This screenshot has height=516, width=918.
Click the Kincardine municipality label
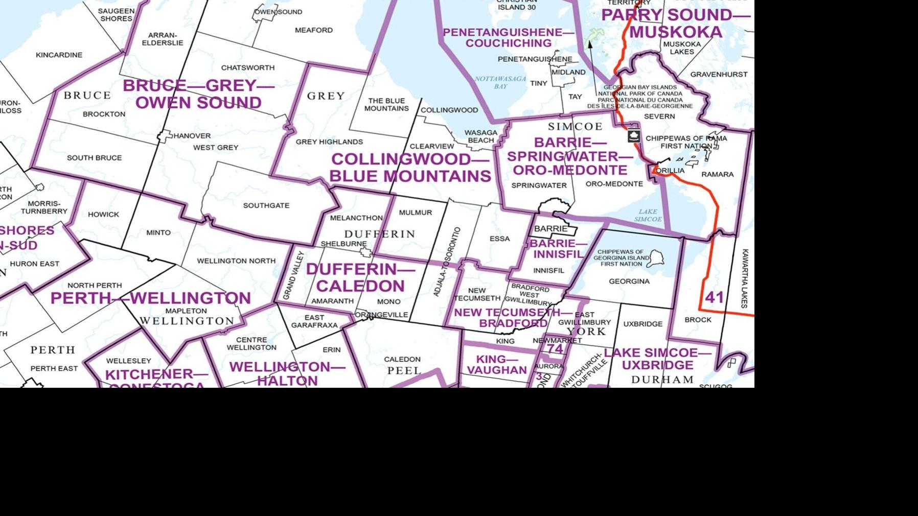pyautogui.click(x=59, y=55)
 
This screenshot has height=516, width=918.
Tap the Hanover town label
pyautogui.click(x=192, y=136)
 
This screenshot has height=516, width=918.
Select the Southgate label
pyautogui.click(x=266, y=205)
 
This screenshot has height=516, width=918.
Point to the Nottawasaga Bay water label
pyautogui.click(x=500, y=82)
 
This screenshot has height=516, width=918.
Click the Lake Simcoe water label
pyautogui.click(x=648, y=215)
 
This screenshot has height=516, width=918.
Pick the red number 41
pyautogui.click(x=714, y=297)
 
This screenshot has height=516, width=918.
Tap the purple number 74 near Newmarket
pyautogui.click(x=555, y=349)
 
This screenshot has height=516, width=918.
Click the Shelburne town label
pyautogui.click(x=343, y=244)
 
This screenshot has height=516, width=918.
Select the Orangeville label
pyautogui.click(x=381, y=315)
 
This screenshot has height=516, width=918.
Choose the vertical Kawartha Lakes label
pyautogui.click(x=745, y=278)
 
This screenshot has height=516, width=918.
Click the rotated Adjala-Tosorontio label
pyautogui.click(x=447, y=262)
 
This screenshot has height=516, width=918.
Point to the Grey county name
pyautogui.click(x=326, y=96)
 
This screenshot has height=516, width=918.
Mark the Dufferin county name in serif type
pyautogui.click(x=379, y=234)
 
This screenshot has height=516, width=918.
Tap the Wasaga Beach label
pyautogui.click(x=480, y=136)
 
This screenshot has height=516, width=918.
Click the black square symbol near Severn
pyautogui.click(x=634, y=136)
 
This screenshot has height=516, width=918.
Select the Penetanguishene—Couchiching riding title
pyautogui.click(x=509, y=38)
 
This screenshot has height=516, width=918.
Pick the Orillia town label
pyautogui.click(x=671, y=171)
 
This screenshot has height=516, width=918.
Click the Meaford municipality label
pyautogui.click(x=313, y=30)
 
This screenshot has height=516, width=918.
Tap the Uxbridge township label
pyautogui.click(x=642, y=324)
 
